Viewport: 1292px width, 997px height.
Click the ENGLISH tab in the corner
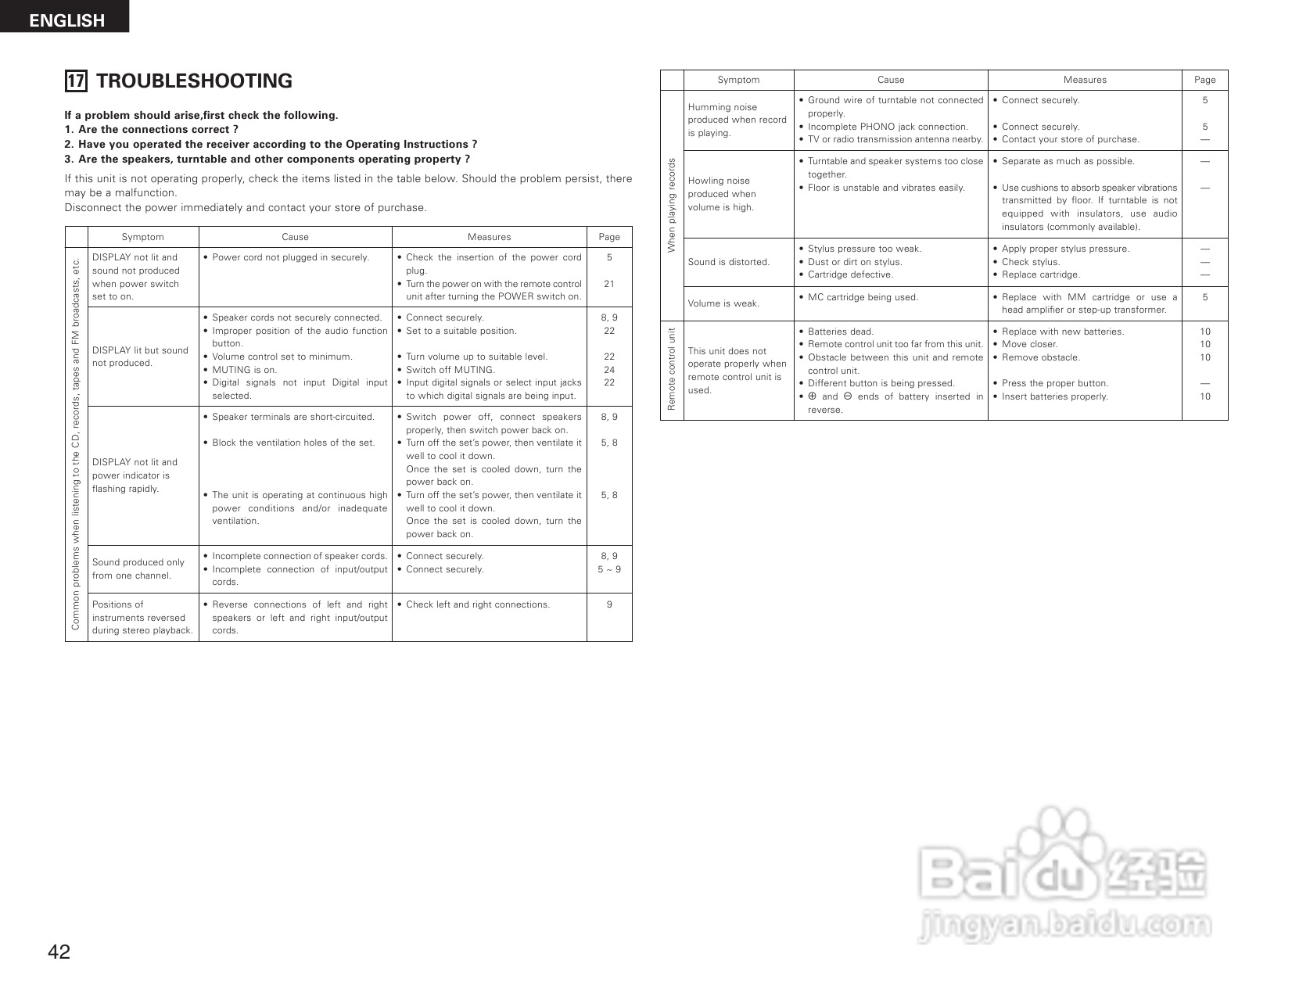coord(66,19)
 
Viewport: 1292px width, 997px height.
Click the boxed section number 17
coord(76,81)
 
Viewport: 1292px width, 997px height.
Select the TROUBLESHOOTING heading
coord(194,81)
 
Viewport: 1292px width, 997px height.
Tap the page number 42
coord(59,952)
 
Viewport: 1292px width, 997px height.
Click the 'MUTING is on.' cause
coord(244,370)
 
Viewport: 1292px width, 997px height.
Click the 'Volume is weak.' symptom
coord(723,303)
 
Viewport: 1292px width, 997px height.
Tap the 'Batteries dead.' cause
coord(840,332)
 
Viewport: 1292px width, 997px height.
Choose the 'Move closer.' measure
coord(1029,344)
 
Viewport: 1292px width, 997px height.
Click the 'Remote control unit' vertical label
coord(672,369)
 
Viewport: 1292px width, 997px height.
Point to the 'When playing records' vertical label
coord(672,205)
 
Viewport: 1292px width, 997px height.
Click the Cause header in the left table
coord(295,237)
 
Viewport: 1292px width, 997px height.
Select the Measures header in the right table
coord(1085,80)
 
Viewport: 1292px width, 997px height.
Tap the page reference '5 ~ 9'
coord(609,569)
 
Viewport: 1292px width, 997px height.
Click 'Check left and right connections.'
coord(477,604)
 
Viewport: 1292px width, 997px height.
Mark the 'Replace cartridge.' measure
coord(1040,274)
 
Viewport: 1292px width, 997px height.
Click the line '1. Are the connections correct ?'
coord(151,130)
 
